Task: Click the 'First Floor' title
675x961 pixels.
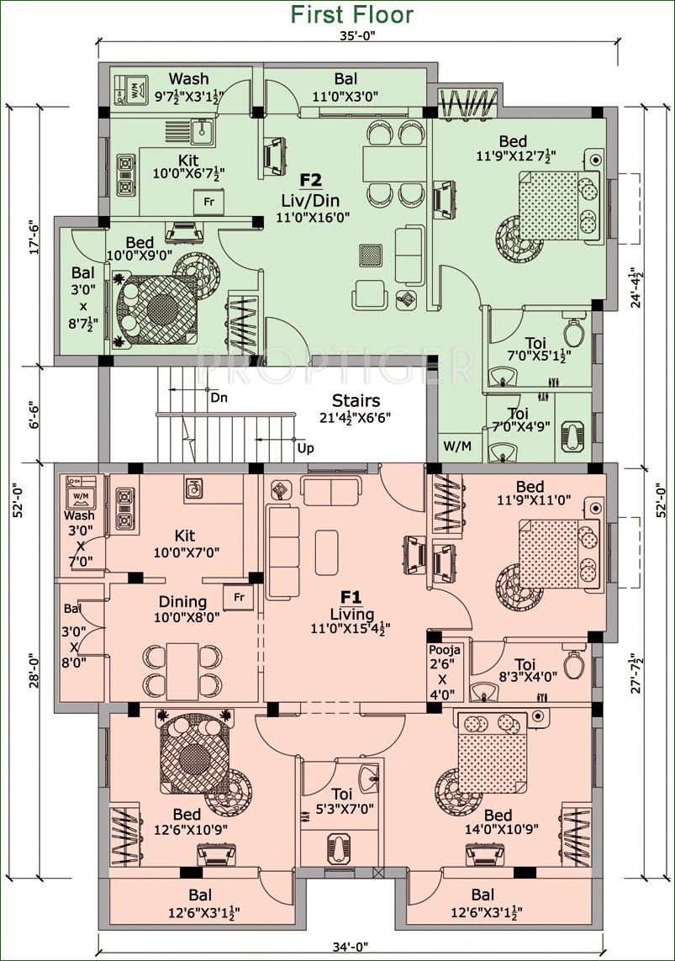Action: [x=351, y=14]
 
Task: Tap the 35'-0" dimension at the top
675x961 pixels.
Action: [x=357, y=36]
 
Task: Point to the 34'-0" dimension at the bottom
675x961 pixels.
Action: [x=351, y=948]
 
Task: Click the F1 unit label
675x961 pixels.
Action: [x=351, y=596]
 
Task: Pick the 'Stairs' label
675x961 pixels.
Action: [x=356, y=401]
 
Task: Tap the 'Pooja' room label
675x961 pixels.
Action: [x=444, y=650]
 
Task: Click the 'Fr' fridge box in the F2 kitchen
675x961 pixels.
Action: [x=208, y=202]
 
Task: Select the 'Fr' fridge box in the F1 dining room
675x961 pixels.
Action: [x=239, y=596]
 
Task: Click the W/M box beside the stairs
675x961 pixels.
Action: [x=457, y=446]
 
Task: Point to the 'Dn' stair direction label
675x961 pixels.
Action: [x=219, y=398]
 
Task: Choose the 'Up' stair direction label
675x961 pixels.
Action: [x=306, y=448]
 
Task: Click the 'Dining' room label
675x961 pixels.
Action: [x=182, y=601]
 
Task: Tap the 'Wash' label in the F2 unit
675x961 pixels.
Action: [x=188, y=78]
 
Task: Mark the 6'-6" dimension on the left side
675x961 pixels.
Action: [x=35, y=415]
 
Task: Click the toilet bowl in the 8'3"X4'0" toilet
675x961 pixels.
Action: [x=572, y=664]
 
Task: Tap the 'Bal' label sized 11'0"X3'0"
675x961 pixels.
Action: [x=346, y=78]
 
